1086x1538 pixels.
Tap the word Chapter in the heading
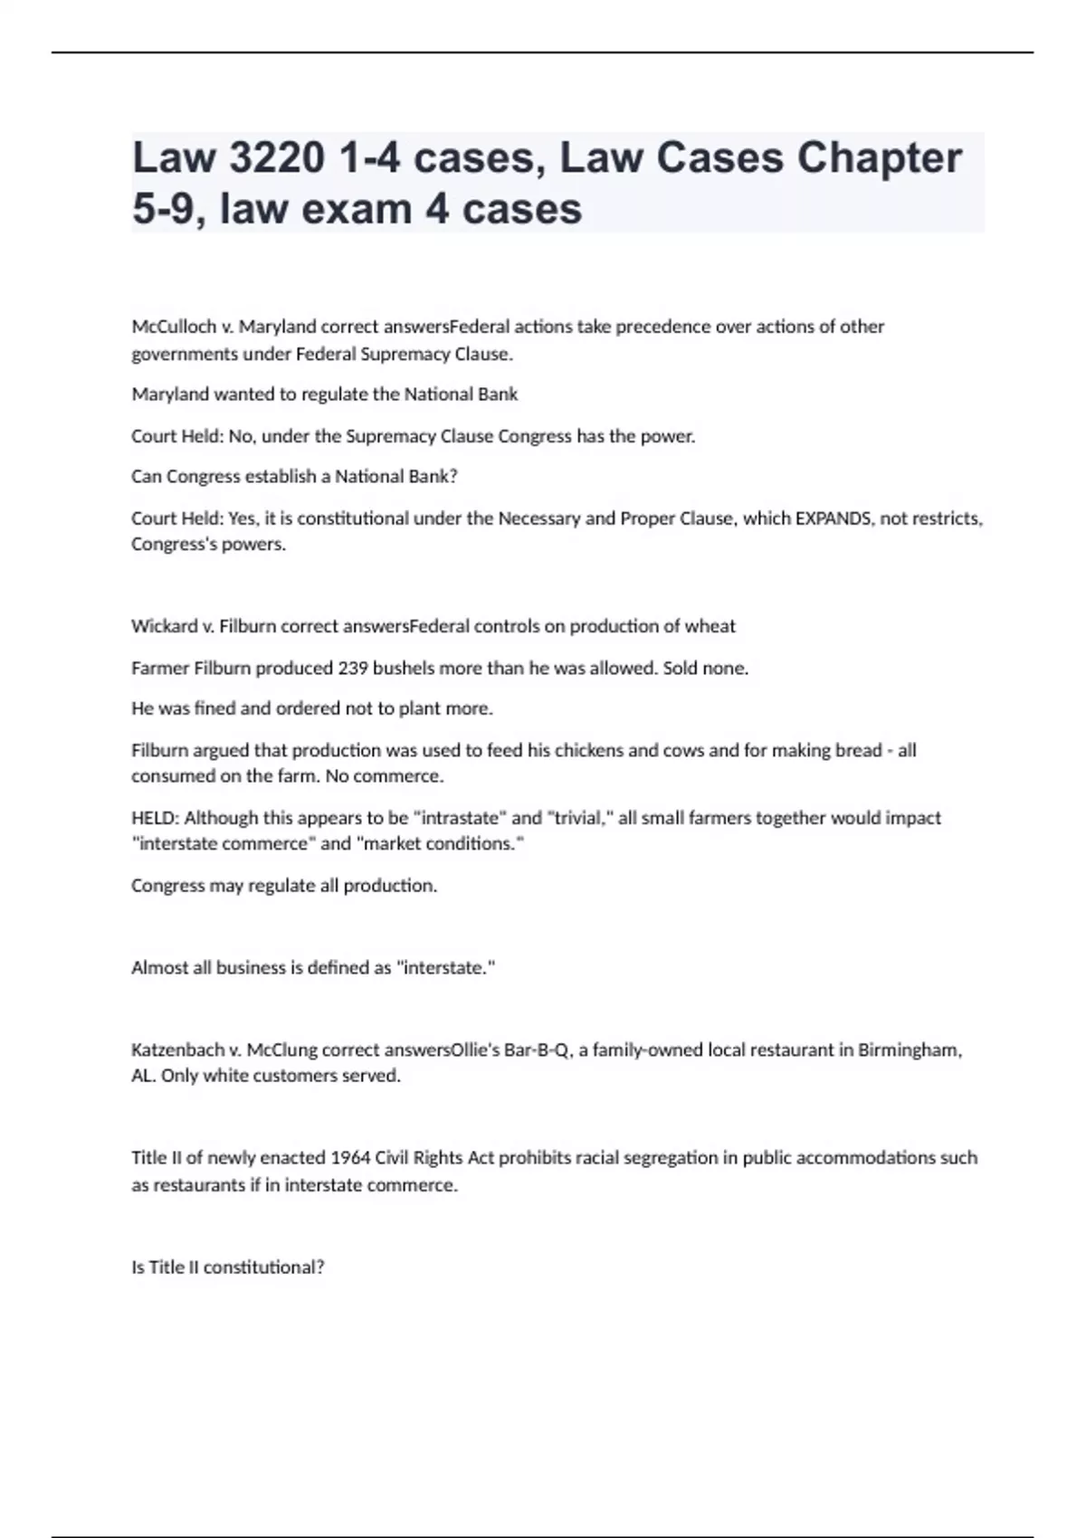(879, 158)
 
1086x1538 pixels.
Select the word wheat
(712, 626)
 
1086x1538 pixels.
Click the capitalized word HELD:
(156, 818)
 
